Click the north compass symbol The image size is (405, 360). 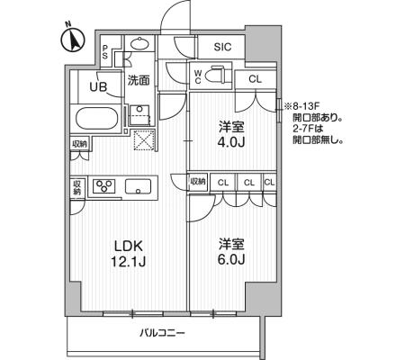click(73, 40)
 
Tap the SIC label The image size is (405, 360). click(222, 47)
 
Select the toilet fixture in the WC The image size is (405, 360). click(219, 75)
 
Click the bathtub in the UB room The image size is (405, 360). click(96, 119)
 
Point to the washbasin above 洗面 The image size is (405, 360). click(139, 44)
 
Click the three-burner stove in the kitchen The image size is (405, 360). click(103, 185)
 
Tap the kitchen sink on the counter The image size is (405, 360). click(138, 186)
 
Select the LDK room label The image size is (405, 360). click(129, 246)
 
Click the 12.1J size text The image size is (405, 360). click(129, 262)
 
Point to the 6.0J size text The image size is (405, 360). click(231, 259)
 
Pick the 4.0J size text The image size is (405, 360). click(231, 142)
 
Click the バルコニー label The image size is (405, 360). click(163, 333)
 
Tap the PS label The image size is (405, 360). click(104, 51)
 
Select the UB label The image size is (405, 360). click(98, 86)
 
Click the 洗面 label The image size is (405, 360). click(139, 80)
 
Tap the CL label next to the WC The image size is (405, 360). click(255, 79)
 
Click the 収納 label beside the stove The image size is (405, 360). click(77, 187)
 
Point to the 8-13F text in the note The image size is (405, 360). click(303, 106)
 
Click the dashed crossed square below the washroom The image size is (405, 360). click(144, 139)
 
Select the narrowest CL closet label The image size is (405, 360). click(269, 182)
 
